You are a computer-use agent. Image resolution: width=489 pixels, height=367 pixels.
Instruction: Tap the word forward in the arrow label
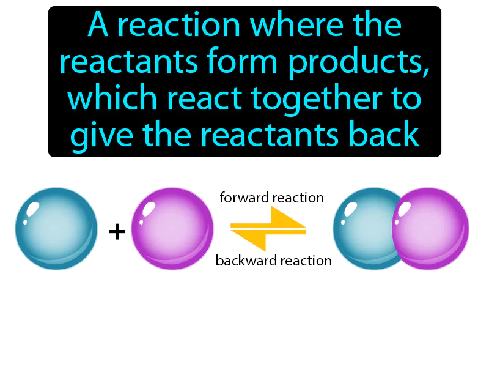pos(244,198)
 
